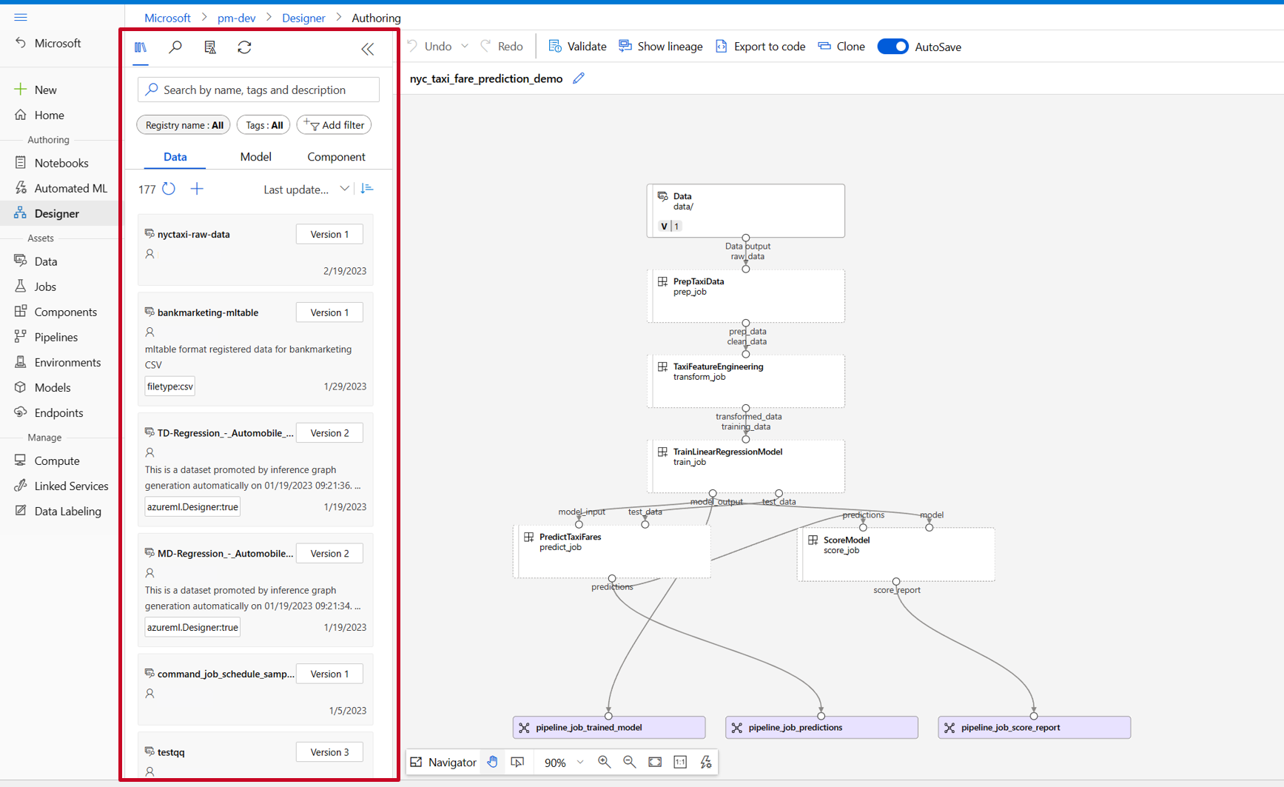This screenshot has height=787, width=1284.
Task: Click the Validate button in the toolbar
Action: pos(577,47)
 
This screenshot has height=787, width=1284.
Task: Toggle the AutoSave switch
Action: pos(893,47)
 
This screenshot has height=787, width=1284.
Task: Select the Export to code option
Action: pos(760,47)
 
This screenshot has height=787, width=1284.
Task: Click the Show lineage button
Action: pos(660,47)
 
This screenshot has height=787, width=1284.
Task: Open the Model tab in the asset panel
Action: pos(255,157)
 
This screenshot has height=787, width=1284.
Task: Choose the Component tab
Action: pos(336,157)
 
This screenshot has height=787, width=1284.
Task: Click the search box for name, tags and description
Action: pos(258,90)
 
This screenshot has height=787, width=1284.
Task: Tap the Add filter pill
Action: pos(335,125)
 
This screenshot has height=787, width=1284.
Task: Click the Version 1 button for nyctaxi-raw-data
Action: pos(329,234)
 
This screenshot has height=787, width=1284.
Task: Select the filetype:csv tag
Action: pos(170,386)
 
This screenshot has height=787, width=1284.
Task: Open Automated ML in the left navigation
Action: pos(70,188)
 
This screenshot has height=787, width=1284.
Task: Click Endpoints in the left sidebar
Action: pos(58,413)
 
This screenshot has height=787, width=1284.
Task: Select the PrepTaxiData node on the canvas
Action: pos(745,296)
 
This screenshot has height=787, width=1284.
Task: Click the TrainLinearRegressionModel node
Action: pos(745,466)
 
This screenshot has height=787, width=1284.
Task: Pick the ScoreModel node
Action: pos(895,554)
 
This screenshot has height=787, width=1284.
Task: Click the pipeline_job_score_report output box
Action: pos(1034,728)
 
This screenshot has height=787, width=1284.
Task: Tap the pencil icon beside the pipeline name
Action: pos(579,78)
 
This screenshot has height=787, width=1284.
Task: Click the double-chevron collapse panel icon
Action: pos(368,49)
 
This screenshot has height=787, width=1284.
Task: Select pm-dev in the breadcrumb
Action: pos(236,18)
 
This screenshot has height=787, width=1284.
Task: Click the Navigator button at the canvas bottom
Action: pos(443,763)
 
